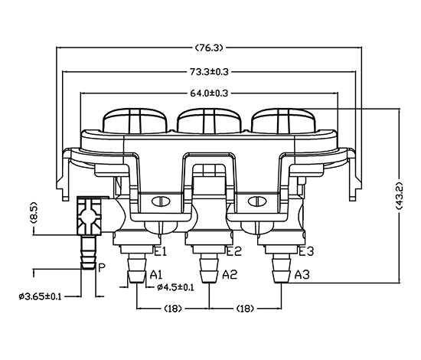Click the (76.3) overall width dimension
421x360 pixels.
tap(209, 48)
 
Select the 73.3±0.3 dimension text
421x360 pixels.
tap(209, 72)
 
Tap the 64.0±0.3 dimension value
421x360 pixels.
tap(209, 93)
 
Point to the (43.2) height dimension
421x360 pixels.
tap(400, 195)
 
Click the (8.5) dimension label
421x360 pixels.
tap(34, 212)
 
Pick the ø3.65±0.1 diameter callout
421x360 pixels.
tap(41, 296)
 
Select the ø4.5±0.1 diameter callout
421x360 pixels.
tap(175, 287)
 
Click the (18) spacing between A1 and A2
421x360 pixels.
tap(173, 309)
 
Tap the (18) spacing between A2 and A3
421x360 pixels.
tap(245, 309)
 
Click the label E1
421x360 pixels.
tap(161, 252)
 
